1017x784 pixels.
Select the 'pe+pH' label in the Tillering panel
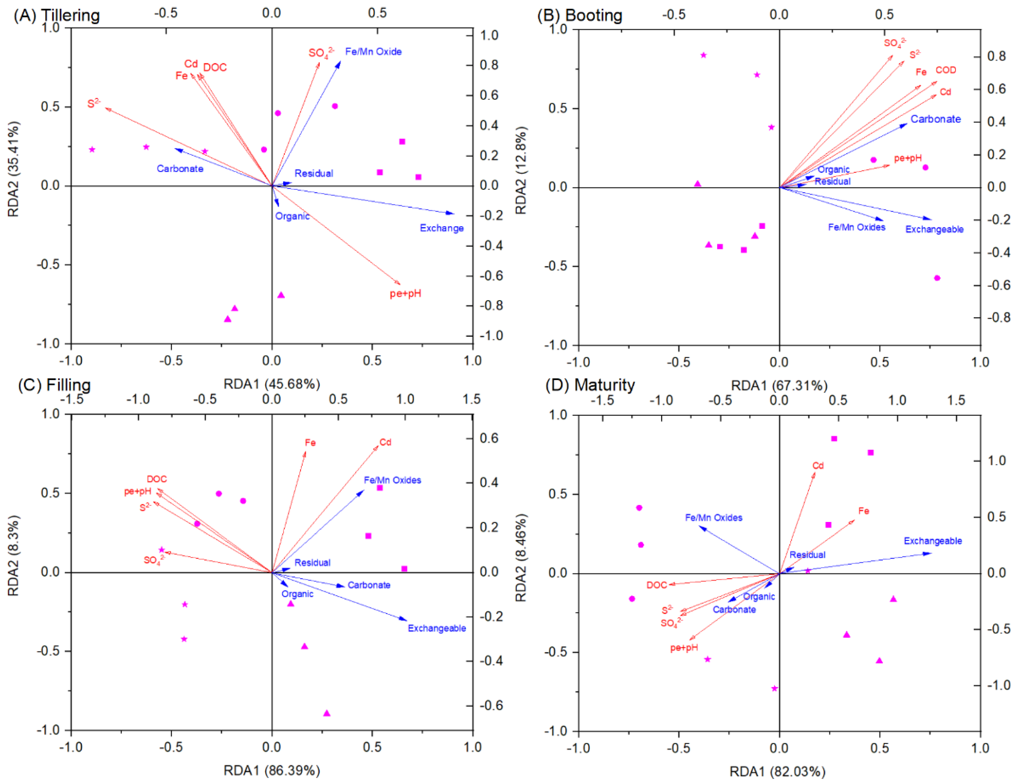[405, 294]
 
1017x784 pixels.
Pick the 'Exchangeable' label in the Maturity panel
[933, 541]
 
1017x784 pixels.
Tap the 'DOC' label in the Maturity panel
[657, 585]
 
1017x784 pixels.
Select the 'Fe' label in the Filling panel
[310, 442]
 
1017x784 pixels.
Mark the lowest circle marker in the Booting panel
[937, 278]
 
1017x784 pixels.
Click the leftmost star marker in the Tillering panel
[92, 149]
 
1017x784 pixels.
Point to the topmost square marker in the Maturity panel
[834, 439]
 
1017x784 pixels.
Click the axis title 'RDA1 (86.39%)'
[272, 771]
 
